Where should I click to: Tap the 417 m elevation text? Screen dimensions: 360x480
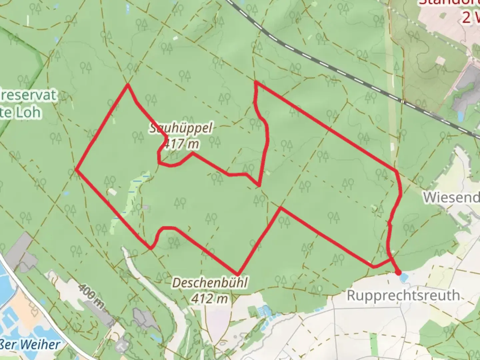click(x=180, y=144)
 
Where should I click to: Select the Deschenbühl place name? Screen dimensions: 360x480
click(x=210, y=283)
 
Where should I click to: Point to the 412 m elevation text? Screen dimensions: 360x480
click(x=209, y=298)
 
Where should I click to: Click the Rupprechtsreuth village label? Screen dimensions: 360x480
click(x=403, y=295)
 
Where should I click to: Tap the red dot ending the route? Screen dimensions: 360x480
click(x=398, y=273)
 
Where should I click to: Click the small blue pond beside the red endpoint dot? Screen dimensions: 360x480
click(x=404, y=277)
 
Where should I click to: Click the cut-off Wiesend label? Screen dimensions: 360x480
click(x=452, y=197)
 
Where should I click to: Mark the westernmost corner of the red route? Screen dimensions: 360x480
click(x=76, y=169)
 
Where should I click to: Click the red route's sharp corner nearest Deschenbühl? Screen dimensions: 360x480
click(x=237, y=274)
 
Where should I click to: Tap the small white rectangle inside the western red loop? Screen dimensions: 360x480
click(x=112, y=192)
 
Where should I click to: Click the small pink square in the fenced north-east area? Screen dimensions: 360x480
click(x=440, y=60)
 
